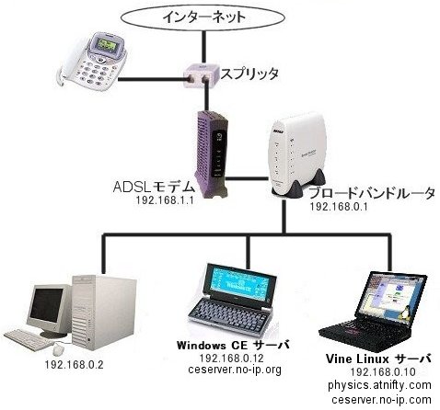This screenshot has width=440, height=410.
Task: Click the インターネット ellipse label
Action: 203,17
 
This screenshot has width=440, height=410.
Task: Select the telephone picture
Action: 92,62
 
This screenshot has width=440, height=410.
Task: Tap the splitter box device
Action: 201,74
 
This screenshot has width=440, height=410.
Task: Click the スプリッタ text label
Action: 249,74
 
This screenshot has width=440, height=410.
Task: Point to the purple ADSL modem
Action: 211,154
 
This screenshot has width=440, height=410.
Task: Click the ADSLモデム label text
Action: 154,187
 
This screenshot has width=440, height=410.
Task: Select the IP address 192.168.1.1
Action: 165,200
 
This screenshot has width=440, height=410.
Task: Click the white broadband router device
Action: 297,155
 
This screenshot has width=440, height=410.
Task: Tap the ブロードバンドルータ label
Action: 372,194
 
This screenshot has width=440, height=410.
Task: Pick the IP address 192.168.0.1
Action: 339,207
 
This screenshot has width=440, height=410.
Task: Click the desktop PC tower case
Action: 104,313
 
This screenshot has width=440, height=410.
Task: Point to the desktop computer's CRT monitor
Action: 49,310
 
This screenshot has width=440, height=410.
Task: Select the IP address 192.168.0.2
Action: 74,365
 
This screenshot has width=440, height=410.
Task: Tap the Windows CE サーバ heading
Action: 233,345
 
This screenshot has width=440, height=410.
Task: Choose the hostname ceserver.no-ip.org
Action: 235,370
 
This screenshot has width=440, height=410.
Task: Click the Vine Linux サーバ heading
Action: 379,359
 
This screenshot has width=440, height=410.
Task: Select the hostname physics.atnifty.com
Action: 379,385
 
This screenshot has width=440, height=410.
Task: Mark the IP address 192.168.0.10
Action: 383,371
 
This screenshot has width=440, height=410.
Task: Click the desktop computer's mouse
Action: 58,349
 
